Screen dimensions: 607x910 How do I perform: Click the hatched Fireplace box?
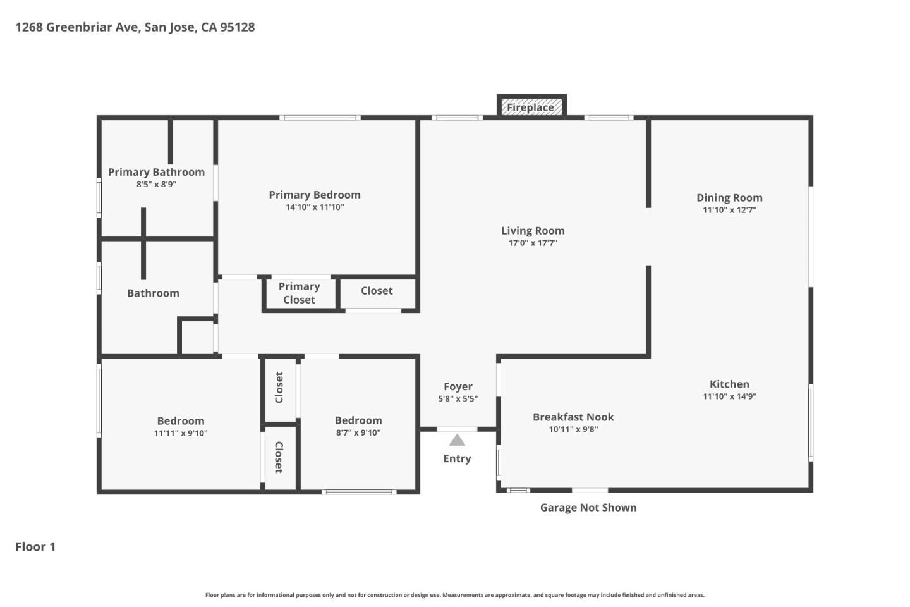click(531, 107)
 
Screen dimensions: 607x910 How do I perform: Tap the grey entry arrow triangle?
click(457, 440)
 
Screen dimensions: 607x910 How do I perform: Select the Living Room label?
click(533, 231)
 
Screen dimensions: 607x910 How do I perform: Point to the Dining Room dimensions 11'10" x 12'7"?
click(729, 210)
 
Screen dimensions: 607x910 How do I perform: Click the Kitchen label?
click(729, 384)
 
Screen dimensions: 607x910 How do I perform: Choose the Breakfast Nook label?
click(573, 417)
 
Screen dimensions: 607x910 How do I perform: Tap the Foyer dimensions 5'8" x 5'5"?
click(458, 399)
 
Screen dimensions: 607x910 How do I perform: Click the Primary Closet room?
click(299, 293)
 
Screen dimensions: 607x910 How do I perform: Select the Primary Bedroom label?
click(315, 195)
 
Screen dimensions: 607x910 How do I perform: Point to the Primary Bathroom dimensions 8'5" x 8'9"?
click(156, 185)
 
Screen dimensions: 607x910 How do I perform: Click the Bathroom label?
click(153, 293)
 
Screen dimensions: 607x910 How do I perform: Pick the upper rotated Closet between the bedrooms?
click(279, 388)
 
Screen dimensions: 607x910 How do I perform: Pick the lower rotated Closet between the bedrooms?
click(279, 457)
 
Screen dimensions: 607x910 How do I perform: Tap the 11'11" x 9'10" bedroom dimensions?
click(181, 433)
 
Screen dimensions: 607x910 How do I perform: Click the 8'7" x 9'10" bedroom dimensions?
click(358, 433)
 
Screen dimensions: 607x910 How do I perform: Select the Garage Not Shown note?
click(588, 507)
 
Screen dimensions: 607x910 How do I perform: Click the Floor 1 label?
click(35, 547)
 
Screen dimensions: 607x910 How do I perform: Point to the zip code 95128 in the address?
click(237, 27)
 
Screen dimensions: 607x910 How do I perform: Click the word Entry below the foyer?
click(457, 458)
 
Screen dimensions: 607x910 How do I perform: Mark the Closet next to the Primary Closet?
click(377, 291)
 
